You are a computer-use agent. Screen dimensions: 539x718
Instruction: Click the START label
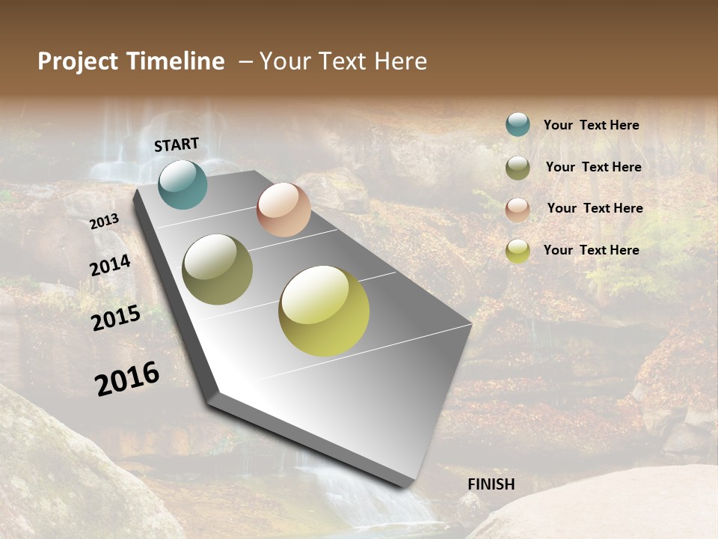(x=177, y=144)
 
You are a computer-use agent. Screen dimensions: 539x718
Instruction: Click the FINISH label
(x=491, y=484)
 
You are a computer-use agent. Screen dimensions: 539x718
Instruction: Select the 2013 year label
(x=104, y=221)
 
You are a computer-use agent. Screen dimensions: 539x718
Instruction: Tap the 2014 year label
(x=110, y=266)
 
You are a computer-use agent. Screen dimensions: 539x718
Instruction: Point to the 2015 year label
(x=116, y=318)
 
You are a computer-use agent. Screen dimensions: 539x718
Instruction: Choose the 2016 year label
(x=127, y=378)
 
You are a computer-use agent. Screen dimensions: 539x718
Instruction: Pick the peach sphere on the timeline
(x=283, y=210)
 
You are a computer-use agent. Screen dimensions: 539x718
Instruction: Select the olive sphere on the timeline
(x=217, y=269)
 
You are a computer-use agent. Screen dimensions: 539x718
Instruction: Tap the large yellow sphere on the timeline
(x=324, y=311)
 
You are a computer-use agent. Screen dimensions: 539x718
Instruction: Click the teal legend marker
(x=518, y=124)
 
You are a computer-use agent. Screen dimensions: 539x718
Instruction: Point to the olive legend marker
(x=518, y=168)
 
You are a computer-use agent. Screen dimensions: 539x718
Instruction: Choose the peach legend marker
(x=518, y=210)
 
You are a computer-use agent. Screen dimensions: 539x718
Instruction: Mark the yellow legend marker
(x=518, y=251)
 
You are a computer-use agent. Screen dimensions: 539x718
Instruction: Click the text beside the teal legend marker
(x=591, y=125)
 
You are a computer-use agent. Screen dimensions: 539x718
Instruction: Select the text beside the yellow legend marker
(x=591, y=250)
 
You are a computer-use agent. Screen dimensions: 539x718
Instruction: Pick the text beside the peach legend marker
(x=595, y=208)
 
